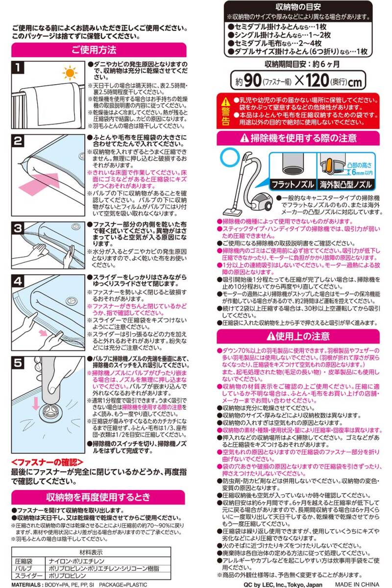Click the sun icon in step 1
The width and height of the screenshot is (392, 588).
pos(70,73)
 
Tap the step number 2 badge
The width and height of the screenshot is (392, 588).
pos(18,141)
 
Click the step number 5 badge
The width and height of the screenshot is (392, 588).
pos(18,363)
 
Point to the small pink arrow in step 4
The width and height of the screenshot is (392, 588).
pos(43,333)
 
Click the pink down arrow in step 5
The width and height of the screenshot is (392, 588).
pos(35,403)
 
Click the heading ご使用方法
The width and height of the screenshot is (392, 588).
pos(94,49)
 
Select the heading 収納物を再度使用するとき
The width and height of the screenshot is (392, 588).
pos(98,497)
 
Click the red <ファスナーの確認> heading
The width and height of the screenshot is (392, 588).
pos(47,463)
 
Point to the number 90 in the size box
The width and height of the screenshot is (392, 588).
pos(252,80)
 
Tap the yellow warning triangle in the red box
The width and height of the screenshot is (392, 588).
pos(225,102)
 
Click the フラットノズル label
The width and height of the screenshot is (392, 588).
pos(293,185)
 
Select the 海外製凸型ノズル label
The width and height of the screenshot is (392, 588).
pos(346,185)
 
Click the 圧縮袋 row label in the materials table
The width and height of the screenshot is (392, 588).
pos(24,561)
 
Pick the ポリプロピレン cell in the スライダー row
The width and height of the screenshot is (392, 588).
pos(68,576)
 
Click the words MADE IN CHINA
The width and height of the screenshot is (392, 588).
pos(358,585)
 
